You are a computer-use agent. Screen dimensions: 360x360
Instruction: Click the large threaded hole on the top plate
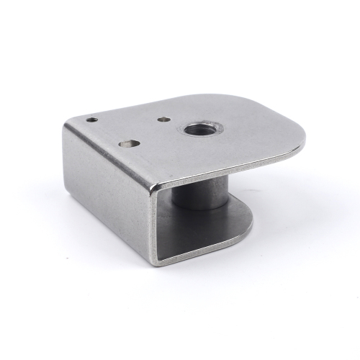[x=199, y=130]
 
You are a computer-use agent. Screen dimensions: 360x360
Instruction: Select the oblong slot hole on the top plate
[x=129, y=143]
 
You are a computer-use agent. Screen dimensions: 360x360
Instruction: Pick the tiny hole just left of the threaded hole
[x=165, y=120]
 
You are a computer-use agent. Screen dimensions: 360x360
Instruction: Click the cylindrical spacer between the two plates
[x=200, y=193]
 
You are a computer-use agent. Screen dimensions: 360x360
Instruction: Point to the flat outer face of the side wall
[x=108, y=194]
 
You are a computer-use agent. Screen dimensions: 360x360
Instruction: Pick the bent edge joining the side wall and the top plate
[x=108, y=154]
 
